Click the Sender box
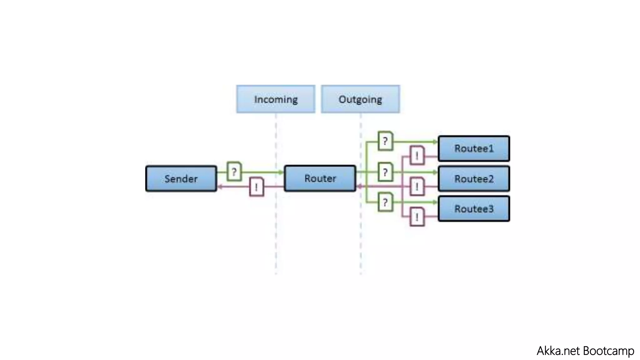[x=181, y=178]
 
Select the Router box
[x=320, y=178]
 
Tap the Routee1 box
[x=474, y=148]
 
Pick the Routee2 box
[x=474, y=179]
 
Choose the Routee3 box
[x=474, y=209]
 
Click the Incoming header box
[x=276, y=99]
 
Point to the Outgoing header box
[x=360, y=99]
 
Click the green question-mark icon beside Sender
[x=234, y=171]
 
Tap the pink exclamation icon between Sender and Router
[x=257, y=187]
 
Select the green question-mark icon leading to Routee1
[x=385, y=141]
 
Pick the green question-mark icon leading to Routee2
[x=385, y=172]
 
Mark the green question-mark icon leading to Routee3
[x=385, y=202]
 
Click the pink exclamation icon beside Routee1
[x=417, y=155]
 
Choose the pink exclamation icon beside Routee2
[x=417, y=187]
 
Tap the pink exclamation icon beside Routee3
[x=417, y=217]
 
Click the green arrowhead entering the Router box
[x=281, y=172]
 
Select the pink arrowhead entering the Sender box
[x=220, y=187]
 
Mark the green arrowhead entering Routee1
[x=435, y=142]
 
